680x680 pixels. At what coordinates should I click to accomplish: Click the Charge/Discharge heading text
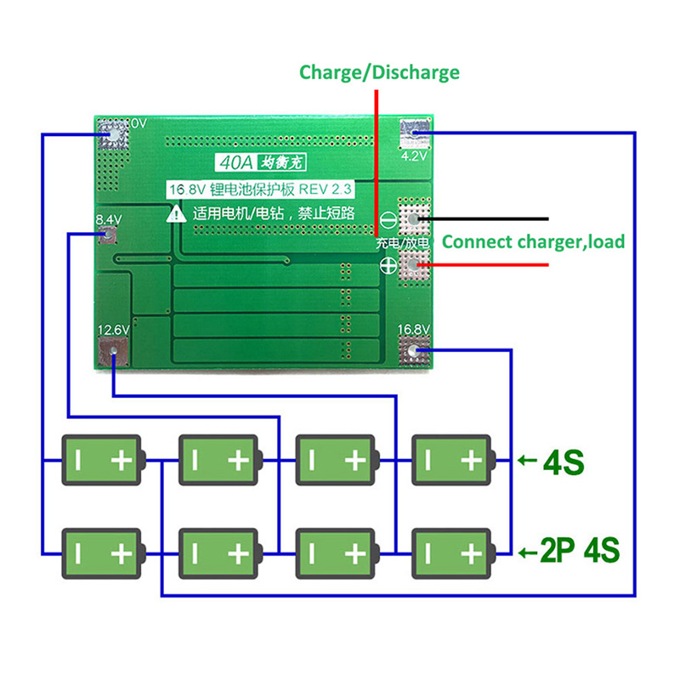pos(379,72)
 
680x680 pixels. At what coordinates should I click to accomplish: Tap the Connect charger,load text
pos(533,241)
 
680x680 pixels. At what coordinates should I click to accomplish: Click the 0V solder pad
pos(112,133)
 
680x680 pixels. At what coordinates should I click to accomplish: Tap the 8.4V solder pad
pos(108,236)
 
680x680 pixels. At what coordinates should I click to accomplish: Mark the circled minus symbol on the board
pos(387,219)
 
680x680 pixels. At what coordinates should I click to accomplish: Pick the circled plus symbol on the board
pos(387,267)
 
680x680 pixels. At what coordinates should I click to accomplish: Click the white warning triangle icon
pos(177,214)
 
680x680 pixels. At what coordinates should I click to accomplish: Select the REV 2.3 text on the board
pos(335,189)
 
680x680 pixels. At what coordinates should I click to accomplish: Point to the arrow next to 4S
pos(527,462)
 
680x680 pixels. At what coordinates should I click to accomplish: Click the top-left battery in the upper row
pos(103,461)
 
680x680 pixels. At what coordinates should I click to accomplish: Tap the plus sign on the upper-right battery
pos(471,461)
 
